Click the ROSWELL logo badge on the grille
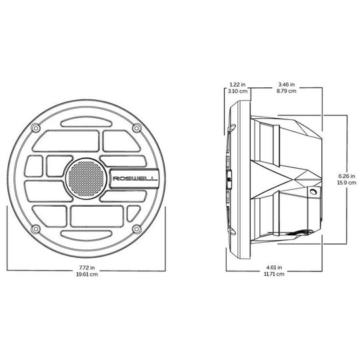(134, 179)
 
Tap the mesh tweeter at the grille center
(86, 179)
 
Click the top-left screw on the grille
(35, 127)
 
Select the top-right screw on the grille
(137, 127)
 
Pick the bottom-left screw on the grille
(35, 229)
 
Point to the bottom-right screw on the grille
(137, 229)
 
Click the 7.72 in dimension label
(87, 267)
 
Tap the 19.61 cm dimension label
(87, 274)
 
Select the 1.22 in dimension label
(237, 85)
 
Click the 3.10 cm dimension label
(237, 91)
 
